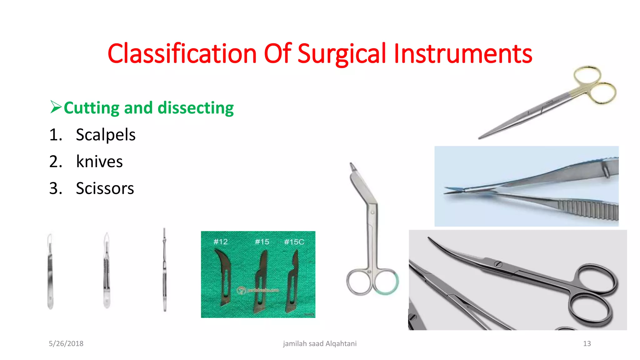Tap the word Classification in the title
[182, 54]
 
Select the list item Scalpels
[105, 135]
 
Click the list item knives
[99, 162]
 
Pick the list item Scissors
[105, 189]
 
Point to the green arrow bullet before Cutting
[56, 107]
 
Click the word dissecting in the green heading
[196, 108]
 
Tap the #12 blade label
[221, 242]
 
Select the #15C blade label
[294, 242]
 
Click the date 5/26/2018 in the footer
[66, 343]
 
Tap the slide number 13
[587, 343]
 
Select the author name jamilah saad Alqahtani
[320, 343]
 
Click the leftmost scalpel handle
[50, 272]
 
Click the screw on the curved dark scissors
[498, 264]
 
